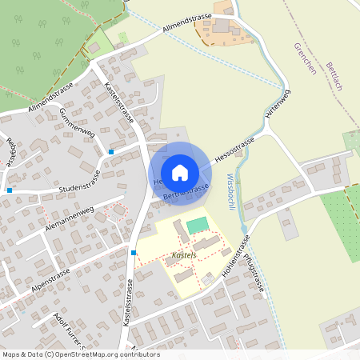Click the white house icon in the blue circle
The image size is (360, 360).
[180, 172]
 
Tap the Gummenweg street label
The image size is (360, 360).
[77, 124]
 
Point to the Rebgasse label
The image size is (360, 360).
[11, 151]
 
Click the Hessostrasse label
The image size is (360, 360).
[234, 150]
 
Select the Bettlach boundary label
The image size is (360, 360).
[334, 76]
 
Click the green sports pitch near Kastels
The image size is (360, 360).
[197, 226]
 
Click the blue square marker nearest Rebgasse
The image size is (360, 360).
[9, 190]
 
